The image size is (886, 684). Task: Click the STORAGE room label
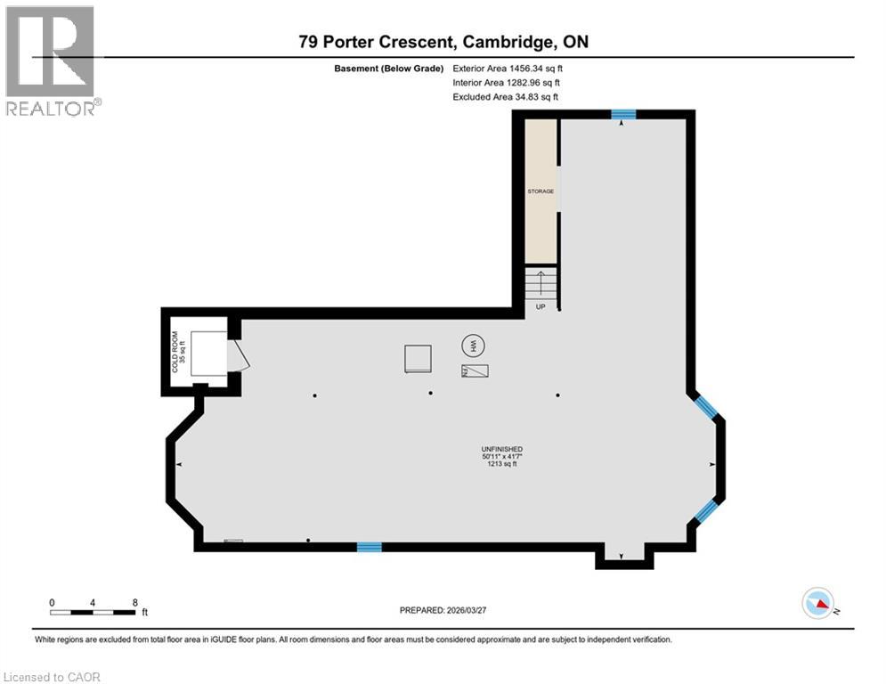point(541,191)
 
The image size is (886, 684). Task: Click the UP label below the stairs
point(541,306)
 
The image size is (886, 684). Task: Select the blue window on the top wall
point(623,114)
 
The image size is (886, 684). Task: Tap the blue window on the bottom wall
point(369,547)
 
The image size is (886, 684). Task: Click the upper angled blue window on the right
point(705,407)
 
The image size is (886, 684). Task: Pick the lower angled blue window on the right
point(705,510)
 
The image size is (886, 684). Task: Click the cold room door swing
point(239,355)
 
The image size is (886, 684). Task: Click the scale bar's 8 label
point(134,602)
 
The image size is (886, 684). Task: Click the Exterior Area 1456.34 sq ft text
point(508,68)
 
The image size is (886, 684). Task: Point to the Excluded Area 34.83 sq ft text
point(506,96)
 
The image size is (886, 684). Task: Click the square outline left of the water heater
point(417,359)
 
